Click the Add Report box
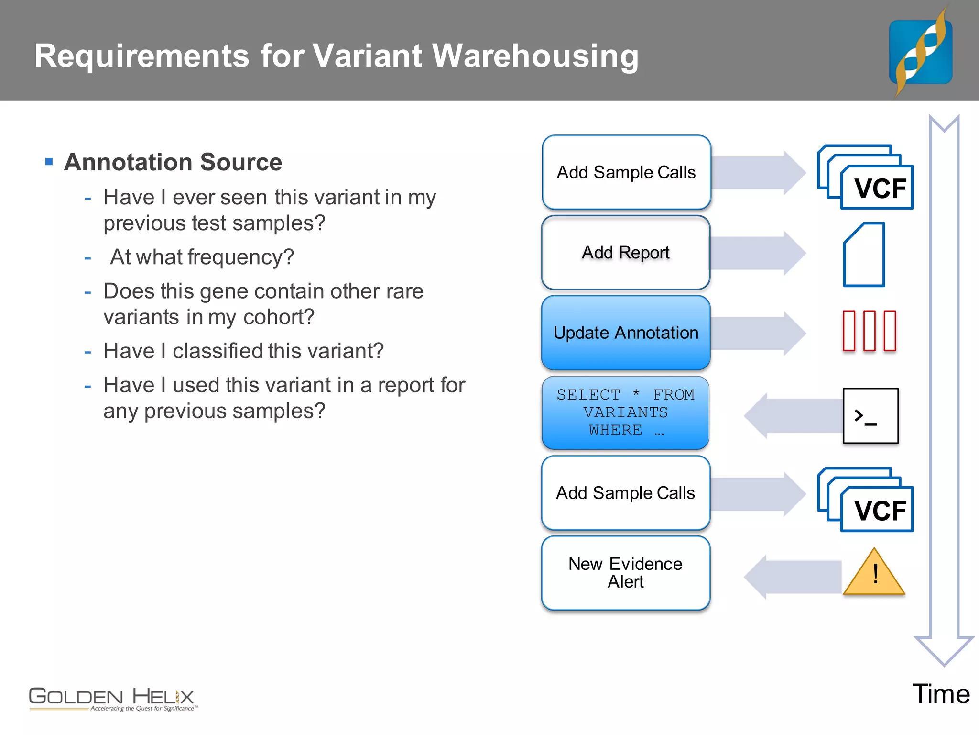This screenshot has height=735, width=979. pyautogui.click(x=625, y=253)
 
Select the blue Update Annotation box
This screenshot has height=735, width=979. pyautogui.click(x=625, y=333)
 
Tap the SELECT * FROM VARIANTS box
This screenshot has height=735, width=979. pyautogui.click(x=625, y=412)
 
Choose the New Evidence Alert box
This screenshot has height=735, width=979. pyautogui.click(x=625, y=573)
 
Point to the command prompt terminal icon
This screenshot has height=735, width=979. pyautogui.click(x=870, y=416)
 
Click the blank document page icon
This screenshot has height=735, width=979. pyautogui.click(x=864, y=255)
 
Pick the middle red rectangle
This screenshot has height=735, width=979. pyautogui.click(x=870, y=331)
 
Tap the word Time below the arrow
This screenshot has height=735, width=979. pyautogui.click(x=941, y=694)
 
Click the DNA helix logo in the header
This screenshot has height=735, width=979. pyautogui.click(x=921, y=52)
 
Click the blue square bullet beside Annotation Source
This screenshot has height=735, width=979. pyautogui.click(x=49, y=162)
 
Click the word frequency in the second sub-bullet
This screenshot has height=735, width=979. pyautogui.click(x=240, y=257)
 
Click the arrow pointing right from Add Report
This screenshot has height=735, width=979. pyautogui.click(x=758, y=253)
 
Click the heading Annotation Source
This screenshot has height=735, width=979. pyautogui.click(x=173, y=162)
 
